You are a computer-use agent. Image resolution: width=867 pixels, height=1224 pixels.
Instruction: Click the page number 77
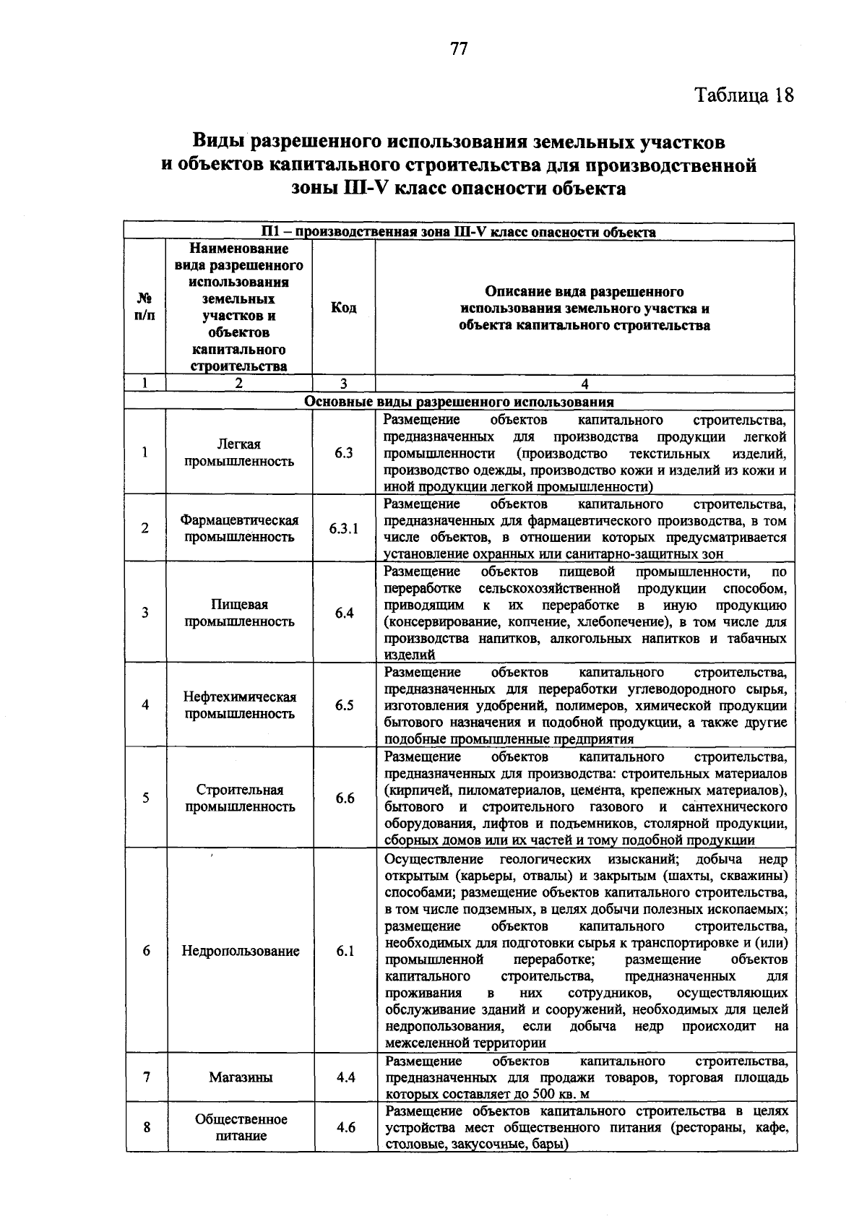(459, 48)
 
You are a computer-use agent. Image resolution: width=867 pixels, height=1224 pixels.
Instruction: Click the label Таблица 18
(743, 95)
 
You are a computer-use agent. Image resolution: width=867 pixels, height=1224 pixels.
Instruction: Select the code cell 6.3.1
(344, 528)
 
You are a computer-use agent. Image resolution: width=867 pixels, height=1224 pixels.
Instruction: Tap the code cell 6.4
(344, 613)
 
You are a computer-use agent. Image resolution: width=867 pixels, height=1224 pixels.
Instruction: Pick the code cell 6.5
(344, 705)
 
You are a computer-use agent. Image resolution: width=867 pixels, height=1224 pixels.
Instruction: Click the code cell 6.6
(344, 798)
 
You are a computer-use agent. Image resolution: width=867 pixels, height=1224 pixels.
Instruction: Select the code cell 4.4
(345, 1077)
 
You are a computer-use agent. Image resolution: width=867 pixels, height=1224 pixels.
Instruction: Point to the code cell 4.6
(345, 1127)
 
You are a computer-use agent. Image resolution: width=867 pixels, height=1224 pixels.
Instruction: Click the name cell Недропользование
(240, 951)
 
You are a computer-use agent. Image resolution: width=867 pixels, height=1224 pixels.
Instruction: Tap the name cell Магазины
(240, 1077)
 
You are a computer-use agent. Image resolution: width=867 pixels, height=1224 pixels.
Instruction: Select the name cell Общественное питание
(240, 1127)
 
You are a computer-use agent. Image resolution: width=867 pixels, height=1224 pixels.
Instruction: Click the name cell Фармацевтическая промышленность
(239, 528)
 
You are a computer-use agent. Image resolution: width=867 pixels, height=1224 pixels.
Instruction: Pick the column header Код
(343, 308)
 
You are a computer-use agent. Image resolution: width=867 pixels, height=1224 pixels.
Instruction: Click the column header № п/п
(145, 308)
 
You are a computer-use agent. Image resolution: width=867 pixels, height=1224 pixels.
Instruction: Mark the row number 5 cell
(145, 798)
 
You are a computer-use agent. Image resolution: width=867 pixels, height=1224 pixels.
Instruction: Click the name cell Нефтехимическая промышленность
(239, 705)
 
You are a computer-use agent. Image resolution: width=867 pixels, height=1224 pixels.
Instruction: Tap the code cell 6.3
(344, 453)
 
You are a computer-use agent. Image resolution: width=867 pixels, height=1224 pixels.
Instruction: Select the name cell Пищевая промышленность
(239, 613)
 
